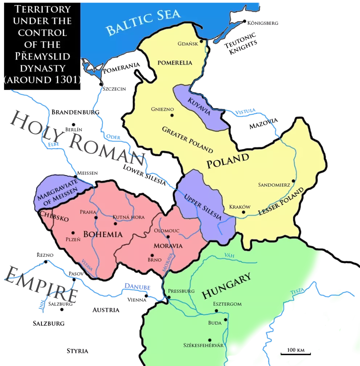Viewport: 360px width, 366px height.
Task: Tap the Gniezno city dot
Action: [172, 115]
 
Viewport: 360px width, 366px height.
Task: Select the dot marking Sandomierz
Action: [293, 180]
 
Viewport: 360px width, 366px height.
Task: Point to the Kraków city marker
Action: [244, 212]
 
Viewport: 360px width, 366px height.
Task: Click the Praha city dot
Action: [96, 218]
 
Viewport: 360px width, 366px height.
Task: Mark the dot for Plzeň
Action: [73, 233]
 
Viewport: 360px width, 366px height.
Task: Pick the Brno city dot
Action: [152, 255]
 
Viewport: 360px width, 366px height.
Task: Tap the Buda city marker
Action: [226, 320]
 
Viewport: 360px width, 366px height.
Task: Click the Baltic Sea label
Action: [143, 23]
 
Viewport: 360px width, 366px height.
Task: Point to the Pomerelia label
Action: [175, 62]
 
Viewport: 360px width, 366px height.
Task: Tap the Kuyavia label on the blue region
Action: [199, 106]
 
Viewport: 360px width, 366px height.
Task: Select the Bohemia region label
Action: [103, 234]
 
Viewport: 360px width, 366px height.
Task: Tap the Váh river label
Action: [229, 255]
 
